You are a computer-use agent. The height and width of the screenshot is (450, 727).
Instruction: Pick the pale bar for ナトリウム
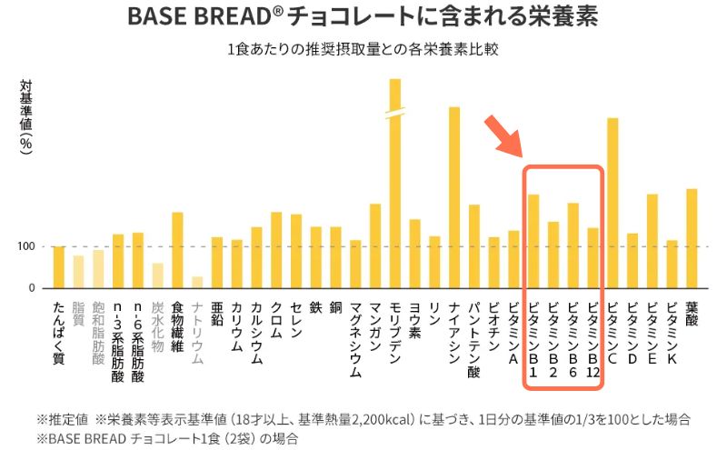(x=197, y=282)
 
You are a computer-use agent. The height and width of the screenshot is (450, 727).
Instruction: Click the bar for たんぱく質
(x=59, y=267)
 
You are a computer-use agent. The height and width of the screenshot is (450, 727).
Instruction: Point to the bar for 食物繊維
(x=177, y=250)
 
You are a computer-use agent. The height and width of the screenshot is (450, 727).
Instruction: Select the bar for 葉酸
(x=692, y=238)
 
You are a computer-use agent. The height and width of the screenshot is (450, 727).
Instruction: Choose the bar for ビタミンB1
(x=533, y=241)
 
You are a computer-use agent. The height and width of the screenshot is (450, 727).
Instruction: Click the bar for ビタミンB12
(x=593, y=257)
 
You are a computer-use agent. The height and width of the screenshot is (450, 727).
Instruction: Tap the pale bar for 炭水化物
(x=157, y=275)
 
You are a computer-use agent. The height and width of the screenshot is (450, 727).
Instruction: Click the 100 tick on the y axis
(x=25, y=246)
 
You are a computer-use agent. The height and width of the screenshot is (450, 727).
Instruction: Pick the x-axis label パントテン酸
(x=474, y=336)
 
